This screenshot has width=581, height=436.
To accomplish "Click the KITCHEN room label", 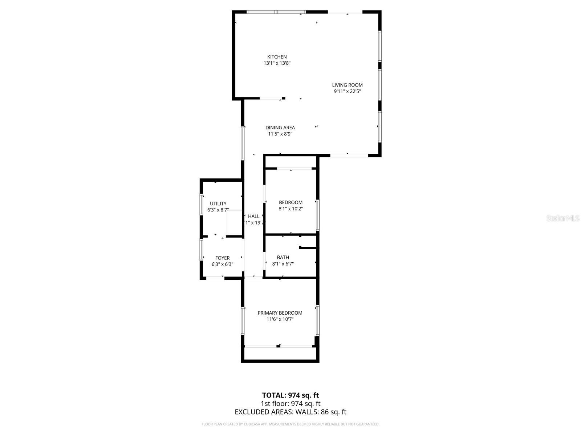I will pyautogui.click(x=277, y=57).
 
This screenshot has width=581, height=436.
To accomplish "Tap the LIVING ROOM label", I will pyautogui.click(x=347, y=85).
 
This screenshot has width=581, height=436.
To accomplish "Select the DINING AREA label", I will pyautogui.click(x=280, y=128).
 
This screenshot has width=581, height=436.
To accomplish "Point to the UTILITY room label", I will pyautogui.click(x=218, y=203).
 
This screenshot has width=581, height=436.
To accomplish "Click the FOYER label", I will pyautogui.click(x=222, y=258).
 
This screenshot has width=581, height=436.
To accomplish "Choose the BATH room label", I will pyautogui.click(x=283, y=258).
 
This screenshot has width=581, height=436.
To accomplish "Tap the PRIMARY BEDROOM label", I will pyautogui.click(x=280, y=313).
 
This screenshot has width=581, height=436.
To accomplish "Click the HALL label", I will pyautogui.click(x=254, y=216).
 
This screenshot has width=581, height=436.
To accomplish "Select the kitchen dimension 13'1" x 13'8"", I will pyautogui.click(x=277, y=63).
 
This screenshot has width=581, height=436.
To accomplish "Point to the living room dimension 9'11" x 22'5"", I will pyautogui.click(x=347, y=92).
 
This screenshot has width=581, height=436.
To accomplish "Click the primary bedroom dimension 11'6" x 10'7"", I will pyautogui.click(x=280, y=319).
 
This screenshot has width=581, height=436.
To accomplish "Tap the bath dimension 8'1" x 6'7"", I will pyautogui.click(x=283, y=264).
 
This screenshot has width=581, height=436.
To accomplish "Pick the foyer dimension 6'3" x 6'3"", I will pyautogui.click(x=222, y=265).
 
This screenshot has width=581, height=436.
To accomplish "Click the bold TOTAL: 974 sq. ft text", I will pyautogui.click(x=290, y=395).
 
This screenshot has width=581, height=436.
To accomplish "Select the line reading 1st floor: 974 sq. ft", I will pyautogui.click(x=290, y=403).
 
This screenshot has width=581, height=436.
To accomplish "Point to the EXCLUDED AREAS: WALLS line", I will pyautogui.click(x=290, y=412).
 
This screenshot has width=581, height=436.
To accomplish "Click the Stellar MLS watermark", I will pyautogui.click(x=563, y=218).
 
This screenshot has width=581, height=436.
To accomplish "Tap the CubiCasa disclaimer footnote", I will pyautogui.click(x=290, y=424).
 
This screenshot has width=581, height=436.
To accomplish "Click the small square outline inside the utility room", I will pyautogui.click(x=234, y=223).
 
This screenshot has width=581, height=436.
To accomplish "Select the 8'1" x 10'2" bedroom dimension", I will pyautogui.click(x=290, y=209).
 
